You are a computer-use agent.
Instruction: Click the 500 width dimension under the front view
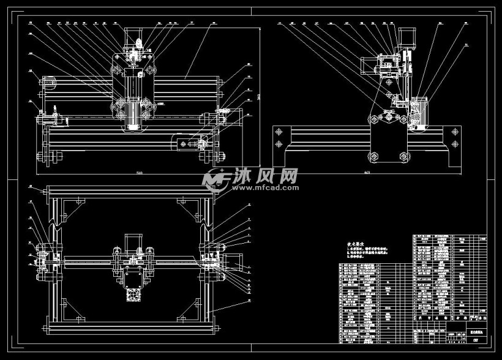point(140,173)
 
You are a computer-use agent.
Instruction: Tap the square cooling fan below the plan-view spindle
point(133,294)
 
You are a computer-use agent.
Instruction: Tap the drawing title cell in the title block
point(475,331)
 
